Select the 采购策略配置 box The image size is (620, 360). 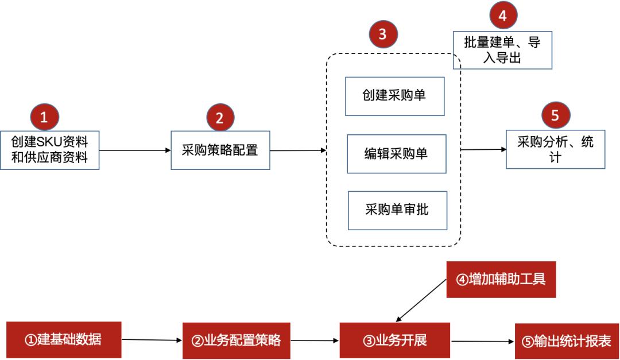point(220,150)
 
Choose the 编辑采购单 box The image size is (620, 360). point(396,153)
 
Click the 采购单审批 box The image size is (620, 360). point(396,210)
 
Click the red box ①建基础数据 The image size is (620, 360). point(63,339)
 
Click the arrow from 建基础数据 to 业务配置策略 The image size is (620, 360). point(151,340)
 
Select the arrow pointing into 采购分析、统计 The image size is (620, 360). point(483,150)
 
